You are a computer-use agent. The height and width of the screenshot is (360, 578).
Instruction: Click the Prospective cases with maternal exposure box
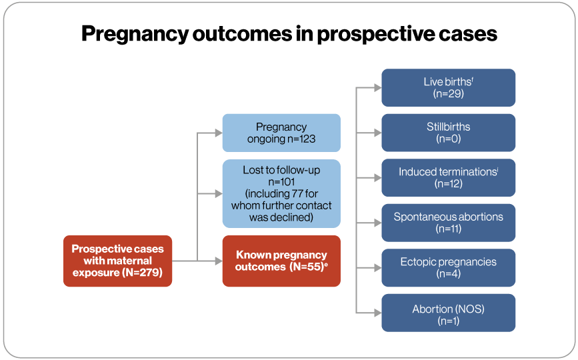[x=117, y=261]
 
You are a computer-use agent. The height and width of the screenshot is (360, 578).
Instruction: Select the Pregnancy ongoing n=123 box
[x=281, y=133]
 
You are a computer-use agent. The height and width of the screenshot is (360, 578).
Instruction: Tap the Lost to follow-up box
[x=281, y=193]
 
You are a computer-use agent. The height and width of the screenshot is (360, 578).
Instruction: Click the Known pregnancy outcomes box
[x=281, y=261]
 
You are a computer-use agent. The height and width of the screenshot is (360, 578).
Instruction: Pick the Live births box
[x=448, y=87]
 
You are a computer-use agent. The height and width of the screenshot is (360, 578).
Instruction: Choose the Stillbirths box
[x=448, y=132]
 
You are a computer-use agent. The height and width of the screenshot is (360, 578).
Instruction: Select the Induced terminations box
[x=448, y=177]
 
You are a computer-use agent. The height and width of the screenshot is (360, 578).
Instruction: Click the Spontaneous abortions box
[x=448, y=222]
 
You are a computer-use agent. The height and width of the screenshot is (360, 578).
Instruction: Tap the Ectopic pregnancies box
[x=448, y=267]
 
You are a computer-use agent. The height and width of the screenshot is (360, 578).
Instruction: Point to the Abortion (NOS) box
[x=448, y=312]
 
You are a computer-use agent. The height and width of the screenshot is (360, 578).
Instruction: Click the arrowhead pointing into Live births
[x=377, y=87]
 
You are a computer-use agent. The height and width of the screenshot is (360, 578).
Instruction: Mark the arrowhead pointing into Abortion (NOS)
[x=377, y=312]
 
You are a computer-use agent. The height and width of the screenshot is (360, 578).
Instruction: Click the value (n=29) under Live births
[x=448, y=94]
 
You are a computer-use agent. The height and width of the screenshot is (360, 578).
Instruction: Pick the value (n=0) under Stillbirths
[x=448, y=139]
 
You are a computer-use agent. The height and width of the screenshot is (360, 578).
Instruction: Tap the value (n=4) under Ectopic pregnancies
[x=448, y=274]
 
